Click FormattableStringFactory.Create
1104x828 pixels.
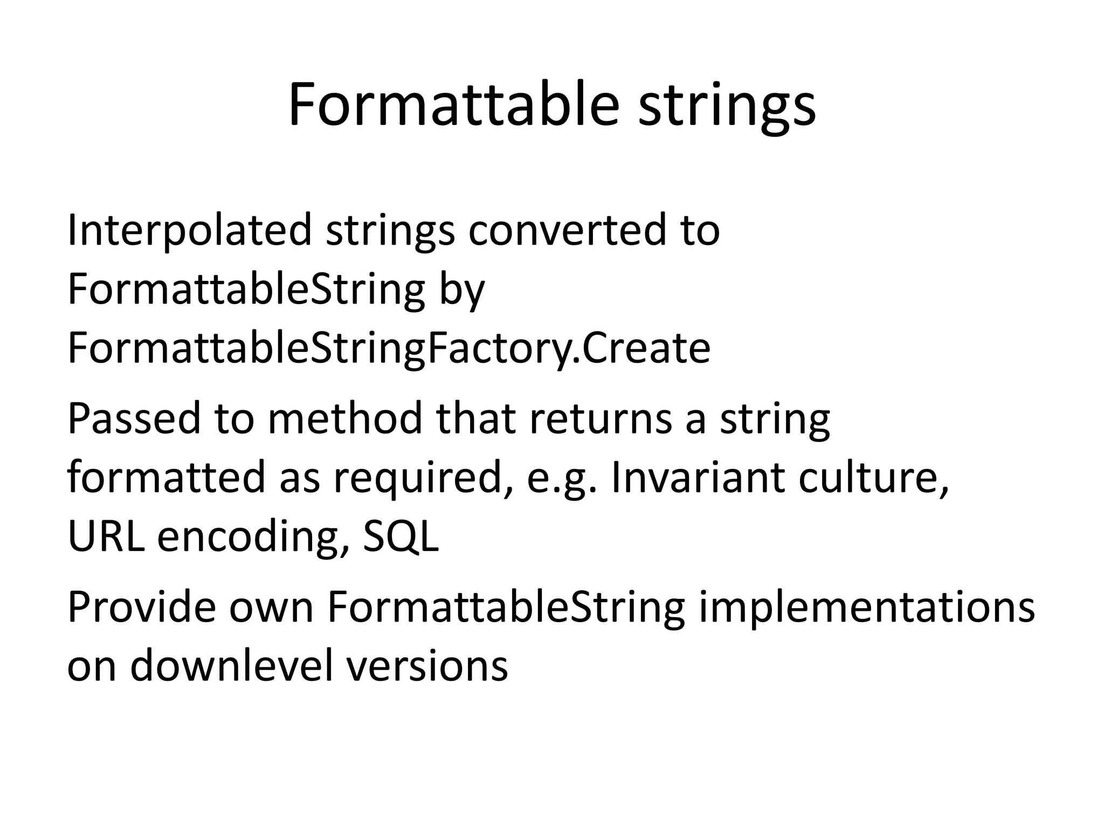click(x=389, y=348)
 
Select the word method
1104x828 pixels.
click(x=345, y=419)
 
